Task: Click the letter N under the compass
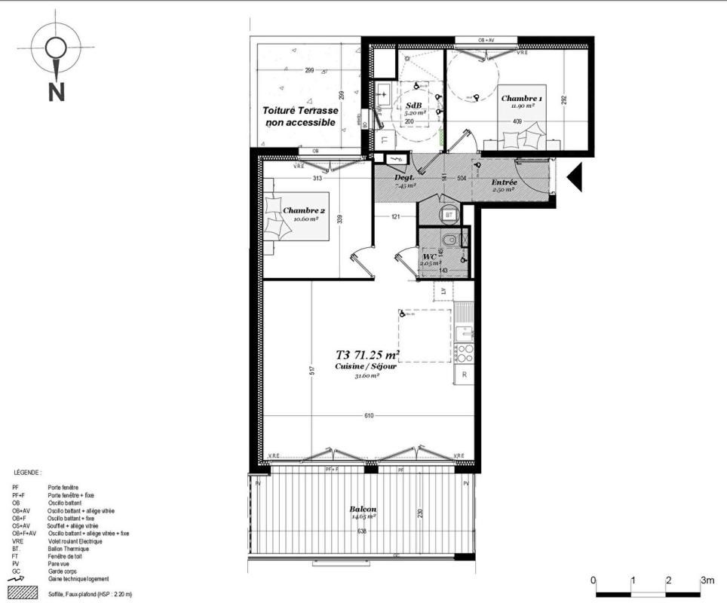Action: (x=56, y=90)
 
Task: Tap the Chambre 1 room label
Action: (x=521, y=99)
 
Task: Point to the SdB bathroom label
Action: (x=413, y=105)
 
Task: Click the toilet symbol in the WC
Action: (x=449, y=240)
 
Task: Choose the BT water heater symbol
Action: (x=449, y=215)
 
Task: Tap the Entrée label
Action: (x=505, y=182)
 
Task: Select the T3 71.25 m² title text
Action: (x=367, y=354)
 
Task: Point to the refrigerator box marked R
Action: (x=464, y=375)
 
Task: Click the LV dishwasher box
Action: (x=443, y=289)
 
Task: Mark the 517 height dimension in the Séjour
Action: (x=311, y=370)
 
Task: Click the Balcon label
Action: (x=363, y=509)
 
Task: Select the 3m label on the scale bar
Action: (x=707, y=580)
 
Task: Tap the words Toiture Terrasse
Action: (x=300, y=110)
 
